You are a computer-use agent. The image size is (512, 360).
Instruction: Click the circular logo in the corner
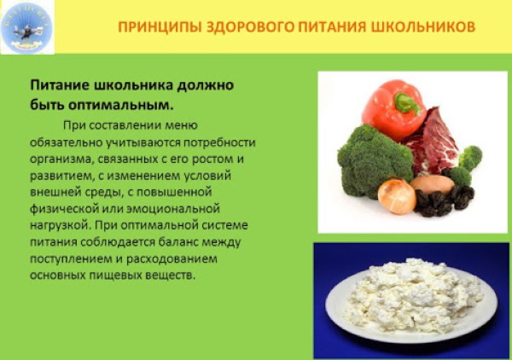click(x=27, y=26)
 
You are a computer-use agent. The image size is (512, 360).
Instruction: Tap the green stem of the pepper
click(x=407, y=103)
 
